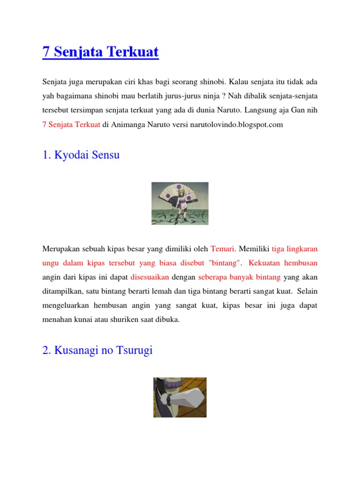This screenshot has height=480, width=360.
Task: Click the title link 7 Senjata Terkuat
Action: coord(100,52)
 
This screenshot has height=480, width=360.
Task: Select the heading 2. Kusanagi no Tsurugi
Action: coord(97,350)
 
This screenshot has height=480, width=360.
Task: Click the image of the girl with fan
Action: coord(180,203)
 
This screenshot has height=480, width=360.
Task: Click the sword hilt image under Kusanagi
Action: coord(180,397)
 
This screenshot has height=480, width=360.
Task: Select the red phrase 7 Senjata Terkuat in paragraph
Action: coord(71,125)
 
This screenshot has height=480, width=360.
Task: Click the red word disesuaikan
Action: coord(150,277)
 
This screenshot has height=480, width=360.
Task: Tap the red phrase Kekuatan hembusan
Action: coord(290,262)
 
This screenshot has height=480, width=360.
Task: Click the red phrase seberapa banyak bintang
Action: coord(239,277)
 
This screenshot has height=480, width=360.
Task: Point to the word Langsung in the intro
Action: coord(256,111)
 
